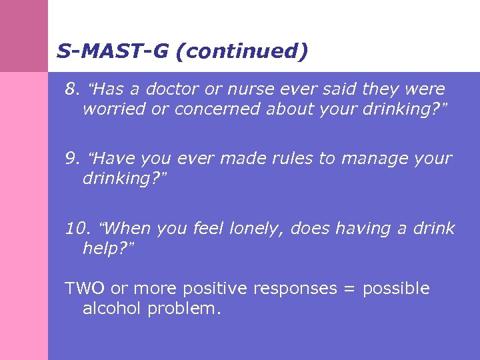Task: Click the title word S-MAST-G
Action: click(113, 51)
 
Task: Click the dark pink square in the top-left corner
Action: click(23, 35)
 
